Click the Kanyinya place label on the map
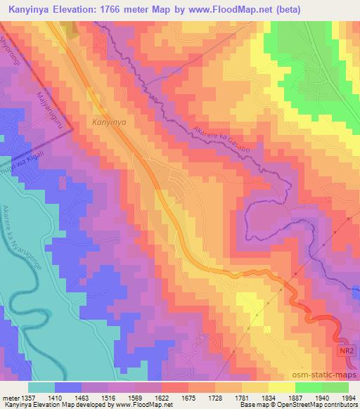[x=109, y=121]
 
